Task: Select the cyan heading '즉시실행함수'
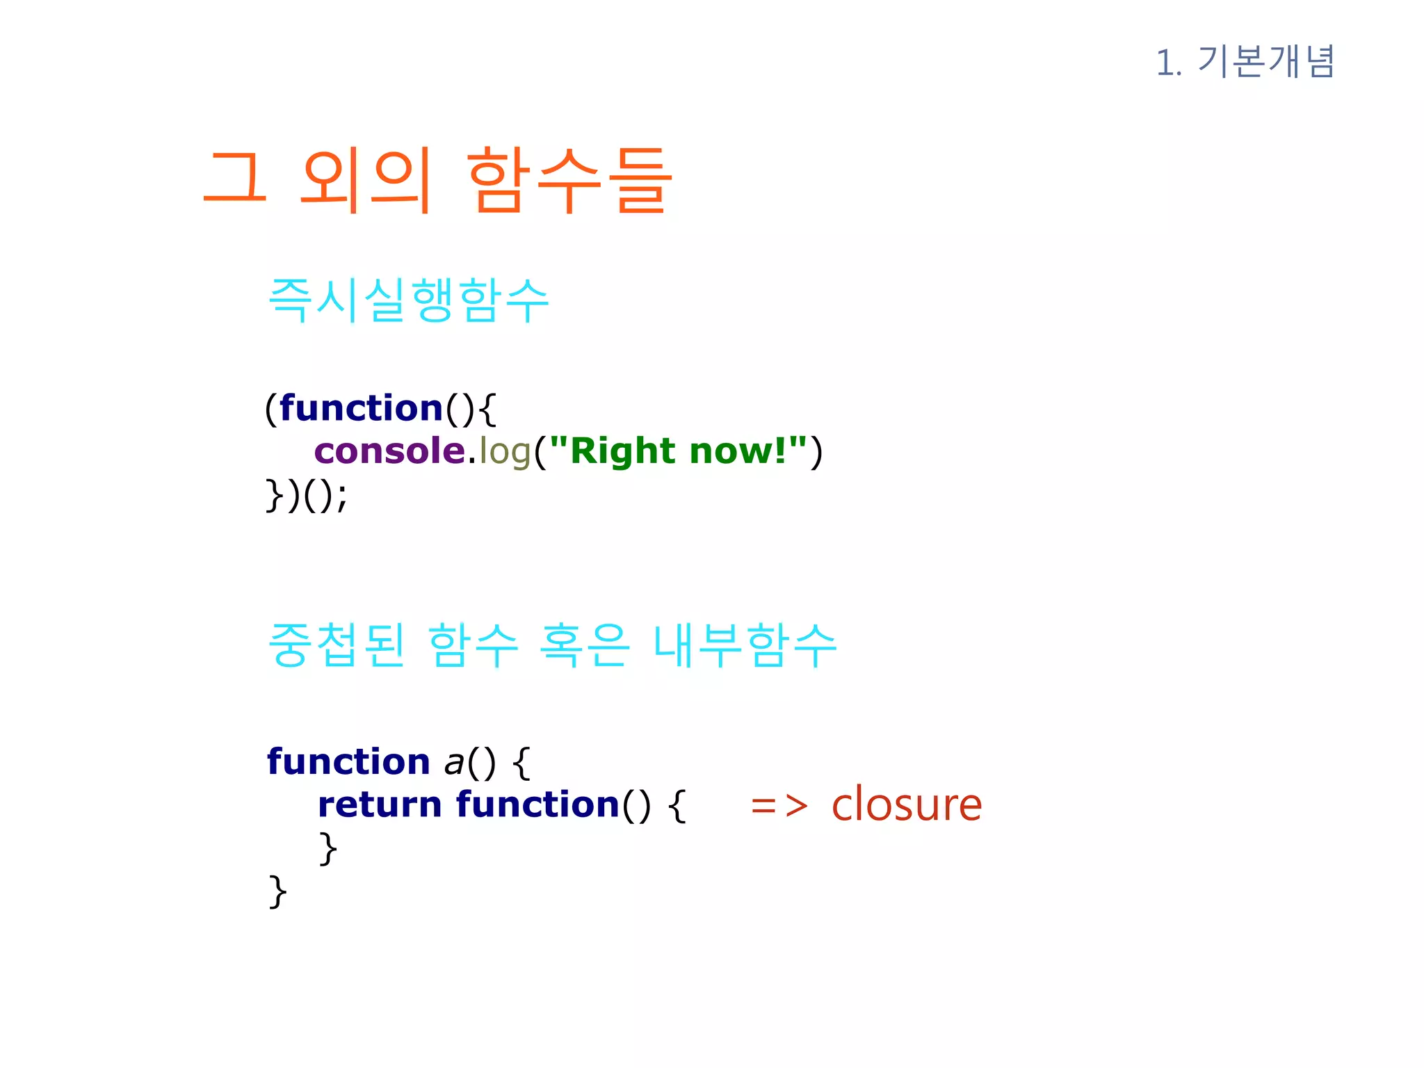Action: pos(409,300)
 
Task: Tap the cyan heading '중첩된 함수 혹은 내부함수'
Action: pos(552,645)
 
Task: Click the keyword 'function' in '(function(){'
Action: pos(362,407)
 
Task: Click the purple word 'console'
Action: pos(389,451)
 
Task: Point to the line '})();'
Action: pos(307,495)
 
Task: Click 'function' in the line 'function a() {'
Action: pos(349,761)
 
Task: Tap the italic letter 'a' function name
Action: pos(454,763)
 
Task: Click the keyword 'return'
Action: pos(380,804)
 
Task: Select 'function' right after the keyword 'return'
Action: pos(538,804)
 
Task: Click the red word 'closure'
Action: pos(907,804)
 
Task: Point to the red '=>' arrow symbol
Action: pos(779,806)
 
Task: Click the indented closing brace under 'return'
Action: pos(327,848)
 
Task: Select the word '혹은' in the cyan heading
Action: pos(585,645)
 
